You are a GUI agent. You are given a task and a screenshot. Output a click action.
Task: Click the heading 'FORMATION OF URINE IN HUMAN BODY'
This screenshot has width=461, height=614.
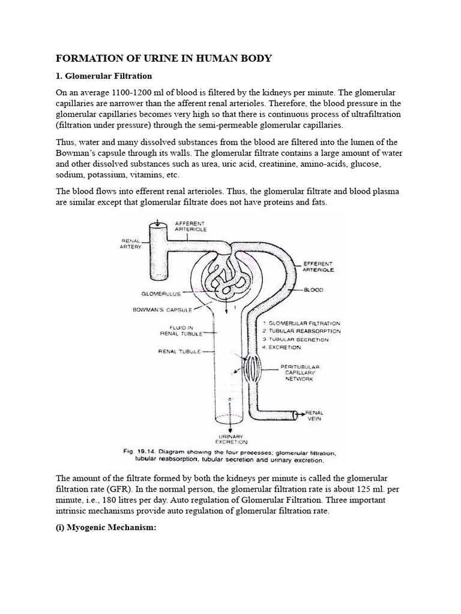click(164, 58)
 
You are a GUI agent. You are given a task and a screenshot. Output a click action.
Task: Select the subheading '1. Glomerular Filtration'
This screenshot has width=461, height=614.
click(104, 76)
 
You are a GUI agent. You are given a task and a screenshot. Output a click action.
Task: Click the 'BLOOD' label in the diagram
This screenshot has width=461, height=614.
click(313, 290)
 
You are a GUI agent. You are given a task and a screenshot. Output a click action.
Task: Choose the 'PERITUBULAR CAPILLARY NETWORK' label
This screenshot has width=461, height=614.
click(301, 372)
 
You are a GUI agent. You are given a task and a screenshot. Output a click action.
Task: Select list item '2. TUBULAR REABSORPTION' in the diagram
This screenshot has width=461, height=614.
click(301, 331)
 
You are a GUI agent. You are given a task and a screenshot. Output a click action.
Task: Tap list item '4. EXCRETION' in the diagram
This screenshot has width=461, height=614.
click(286, 348)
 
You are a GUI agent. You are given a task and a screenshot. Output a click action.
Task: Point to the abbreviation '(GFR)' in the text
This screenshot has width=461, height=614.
click(124, 488)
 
